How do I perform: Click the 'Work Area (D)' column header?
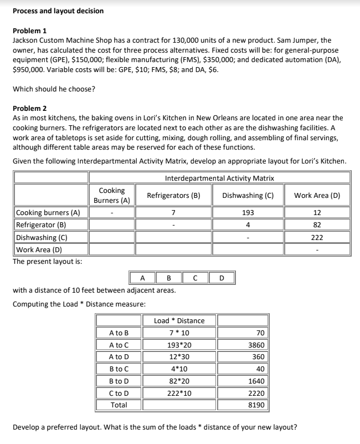tap(317, 195)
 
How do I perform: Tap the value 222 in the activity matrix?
tap(317, 237)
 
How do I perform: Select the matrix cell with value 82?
tap(317, 225)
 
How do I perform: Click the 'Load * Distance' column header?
tap(178, 320)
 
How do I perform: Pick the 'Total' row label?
tap(119, 405)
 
